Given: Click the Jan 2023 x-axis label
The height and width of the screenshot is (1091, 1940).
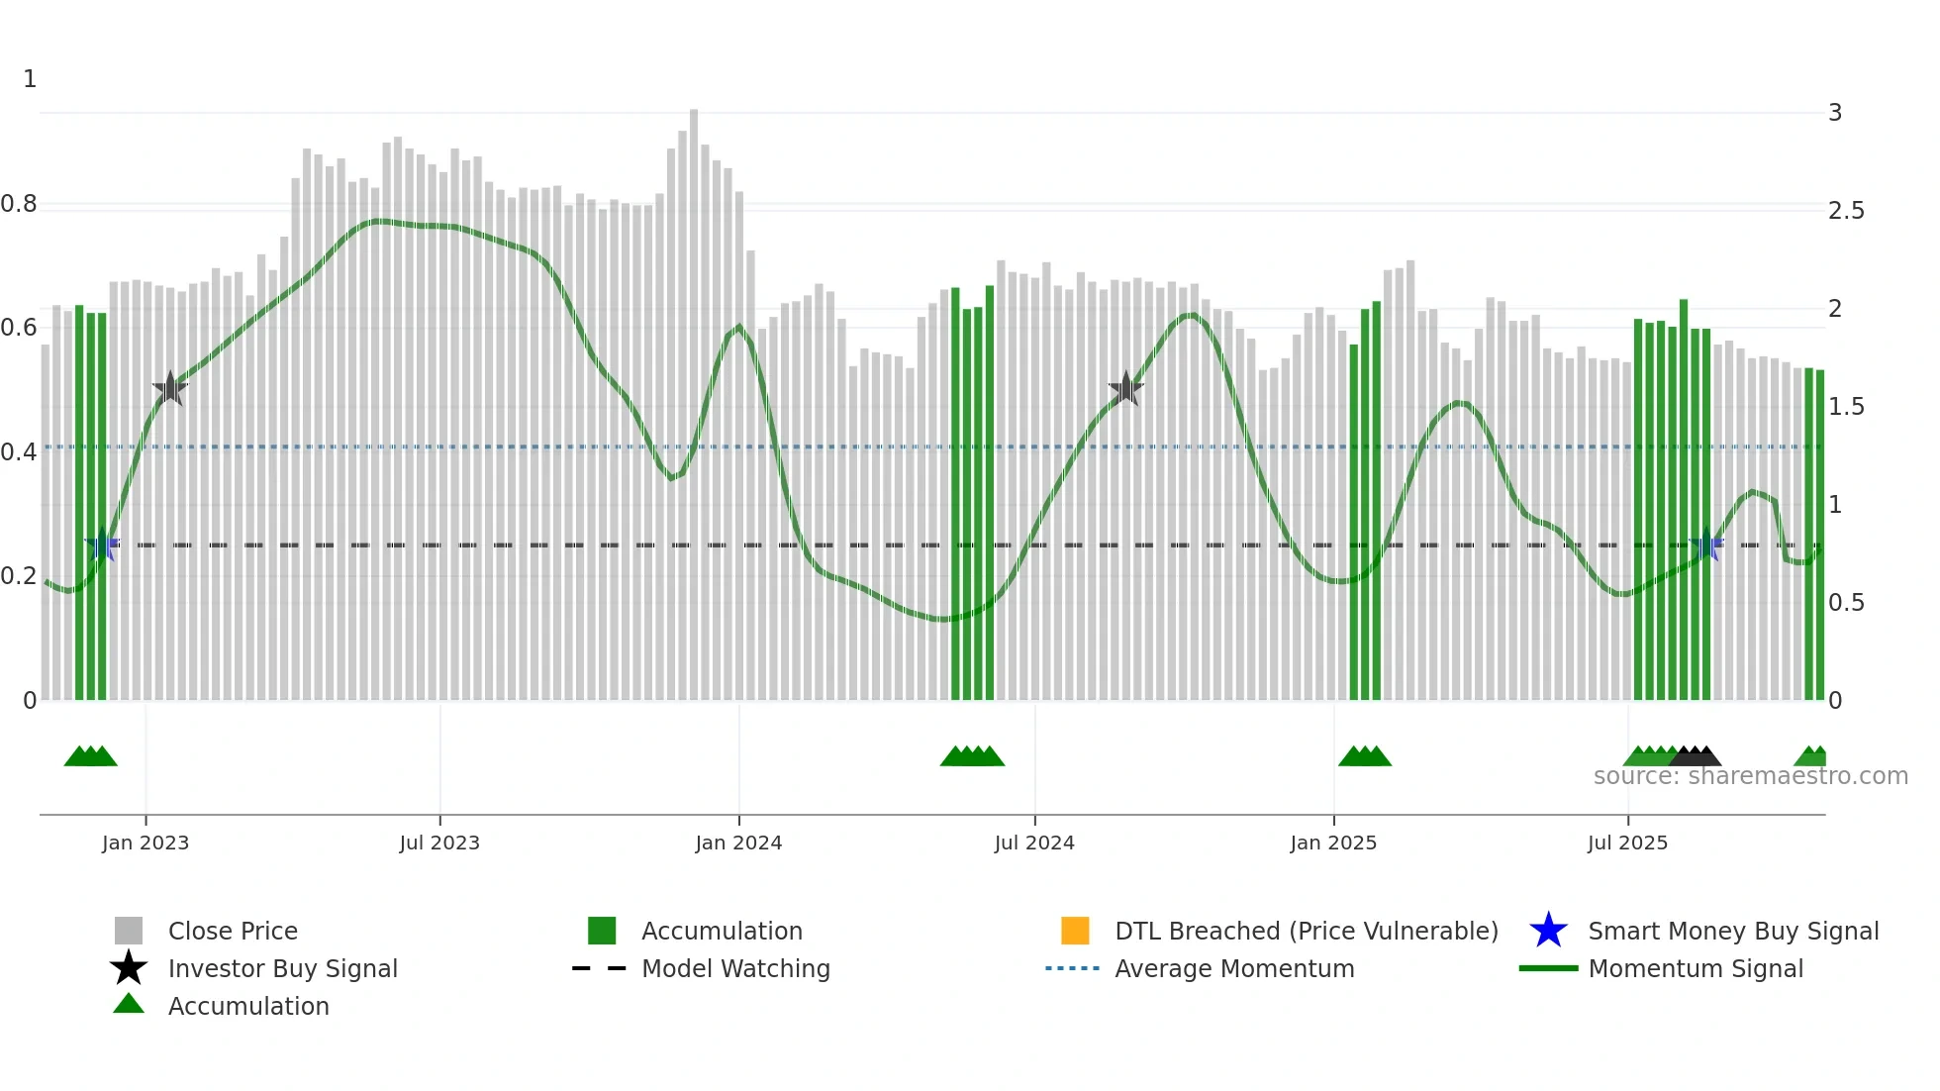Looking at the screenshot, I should [145, 843].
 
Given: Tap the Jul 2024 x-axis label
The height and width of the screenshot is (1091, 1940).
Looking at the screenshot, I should [1033, 843].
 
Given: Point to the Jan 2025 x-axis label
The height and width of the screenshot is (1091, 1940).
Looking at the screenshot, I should [1332, 843].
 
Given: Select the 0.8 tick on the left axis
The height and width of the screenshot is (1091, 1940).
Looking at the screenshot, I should [19, 205].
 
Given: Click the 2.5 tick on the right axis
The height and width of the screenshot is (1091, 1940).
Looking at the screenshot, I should [1845, 211].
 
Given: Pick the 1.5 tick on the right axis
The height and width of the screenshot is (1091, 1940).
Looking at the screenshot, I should [1845, 407].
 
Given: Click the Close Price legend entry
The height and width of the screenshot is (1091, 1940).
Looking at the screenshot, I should [232, 931].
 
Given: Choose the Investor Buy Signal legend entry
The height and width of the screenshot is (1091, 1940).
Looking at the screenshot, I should [282, 968].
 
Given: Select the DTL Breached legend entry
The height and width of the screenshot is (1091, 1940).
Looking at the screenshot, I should [1305, 931].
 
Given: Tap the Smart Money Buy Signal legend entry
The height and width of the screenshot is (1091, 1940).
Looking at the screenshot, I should [1732, 931].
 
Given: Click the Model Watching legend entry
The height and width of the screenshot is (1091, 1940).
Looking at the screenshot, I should [734, 968].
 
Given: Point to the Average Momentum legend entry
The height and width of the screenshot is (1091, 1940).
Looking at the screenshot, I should [1233, 968].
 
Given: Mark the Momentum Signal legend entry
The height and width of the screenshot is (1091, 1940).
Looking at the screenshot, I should [1695, 968].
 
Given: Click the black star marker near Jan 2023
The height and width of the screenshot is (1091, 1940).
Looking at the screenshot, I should [170, 388].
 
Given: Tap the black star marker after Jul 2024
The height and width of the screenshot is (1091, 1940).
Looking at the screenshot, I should [1125, 388].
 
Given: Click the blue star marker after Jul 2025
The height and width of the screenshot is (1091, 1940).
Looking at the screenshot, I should [1706, 545].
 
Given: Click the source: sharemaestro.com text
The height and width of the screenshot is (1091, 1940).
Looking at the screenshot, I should [1750, 776].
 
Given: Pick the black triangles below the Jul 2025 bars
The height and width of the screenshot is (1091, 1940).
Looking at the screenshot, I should [1695, 756].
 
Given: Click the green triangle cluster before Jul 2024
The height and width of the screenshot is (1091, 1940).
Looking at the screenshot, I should [972, 756].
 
